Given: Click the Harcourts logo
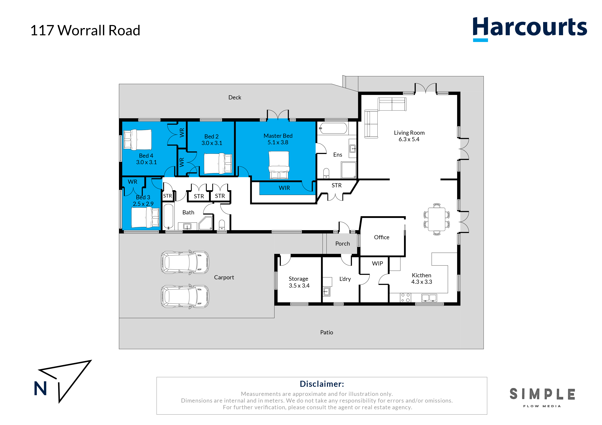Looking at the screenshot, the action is coord(529,29).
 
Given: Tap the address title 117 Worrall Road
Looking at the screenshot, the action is coord(85,30).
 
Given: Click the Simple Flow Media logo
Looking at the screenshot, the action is coord(542,397).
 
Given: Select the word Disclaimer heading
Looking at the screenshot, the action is coord(322,384).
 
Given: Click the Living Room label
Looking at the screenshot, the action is coord(409,133).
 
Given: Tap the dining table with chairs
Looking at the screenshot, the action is coord(437,219).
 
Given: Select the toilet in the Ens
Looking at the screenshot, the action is coord(326,173).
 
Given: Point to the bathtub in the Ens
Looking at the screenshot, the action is coord(333,128).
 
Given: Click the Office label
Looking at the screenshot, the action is coord(381,237).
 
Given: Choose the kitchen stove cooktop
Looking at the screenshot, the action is coord(405,297).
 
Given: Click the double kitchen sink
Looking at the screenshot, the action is coord(429,298).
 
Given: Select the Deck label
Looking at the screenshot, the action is coord(235,97).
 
